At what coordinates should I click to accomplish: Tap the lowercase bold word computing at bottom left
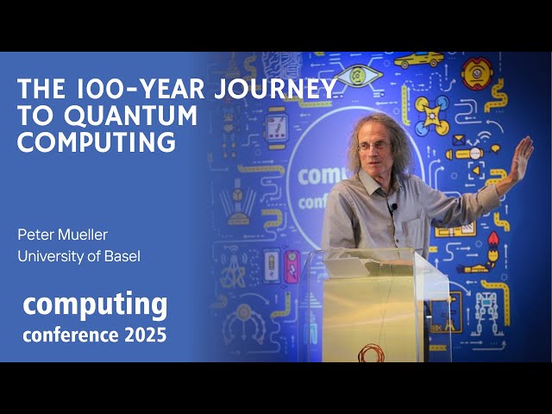pos(95,304)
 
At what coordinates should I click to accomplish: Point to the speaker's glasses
pos(373,147)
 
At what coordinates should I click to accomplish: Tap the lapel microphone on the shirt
pos(393,208)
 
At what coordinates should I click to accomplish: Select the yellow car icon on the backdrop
pos(418,60)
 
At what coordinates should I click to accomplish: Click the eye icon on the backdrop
pos(358,76)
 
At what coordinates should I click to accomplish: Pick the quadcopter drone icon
pos(431,115)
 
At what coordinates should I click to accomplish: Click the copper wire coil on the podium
pos(372,352)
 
